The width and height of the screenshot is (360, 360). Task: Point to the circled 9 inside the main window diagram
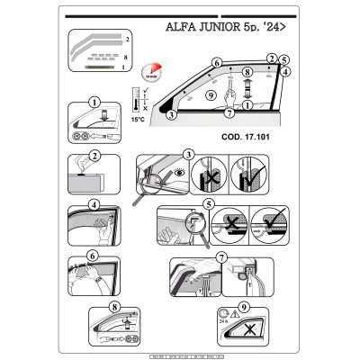[209, 94]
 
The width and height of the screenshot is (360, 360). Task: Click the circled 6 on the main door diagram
[216, 63]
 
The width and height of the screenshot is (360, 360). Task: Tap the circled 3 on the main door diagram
[172, 115]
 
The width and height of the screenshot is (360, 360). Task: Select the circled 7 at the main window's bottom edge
[230, 113]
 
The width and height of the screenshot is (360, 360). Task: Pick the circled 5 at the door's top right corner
[283, 61]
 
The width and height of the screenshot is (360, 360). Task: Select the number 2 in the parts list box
[127, 41]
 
